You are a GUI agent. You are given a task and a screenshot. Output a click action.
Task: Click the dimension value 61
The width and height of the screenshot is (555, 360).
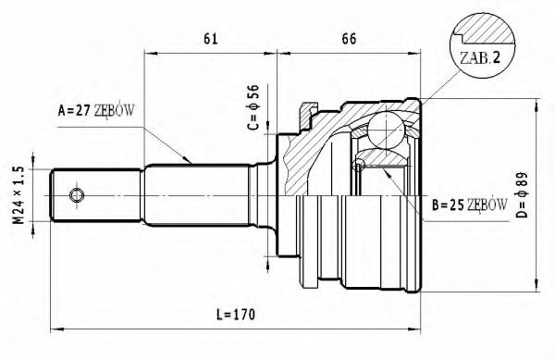[x=210, y=38]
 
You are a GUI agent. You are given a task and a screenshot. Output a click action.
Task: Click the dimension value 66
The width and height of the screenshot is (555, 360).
[x=351, y=38]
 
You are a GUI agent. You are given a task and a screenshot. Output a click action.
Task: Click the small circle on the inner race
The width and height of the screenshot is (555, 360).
[x=361, y=165]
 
